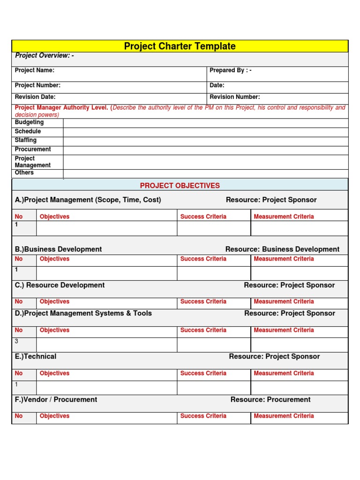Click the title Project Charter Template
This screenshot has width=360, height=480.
point(180,46)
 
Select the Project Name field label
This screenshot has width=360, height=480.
point(35,70)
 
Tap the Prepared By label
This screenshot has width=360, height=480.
point(231,70)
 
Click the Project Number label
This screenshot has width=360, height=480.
point(37,85)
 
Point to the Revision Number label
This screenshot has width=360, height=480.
point(234,97)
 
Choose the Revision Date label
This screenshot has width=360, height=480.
point(35,97)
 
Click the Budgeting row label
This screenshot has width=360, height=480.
point(29,122)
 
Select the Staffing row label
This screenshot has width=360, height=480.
point(26,140)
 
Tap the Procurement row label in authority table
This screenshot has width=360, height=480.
point(33,149)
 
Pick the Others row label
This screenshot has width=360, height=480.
point(24,172)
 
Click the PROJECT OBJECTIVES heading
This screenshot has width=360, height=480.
point(180,186)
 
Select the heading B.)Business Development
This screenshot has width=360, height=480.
point(58,249)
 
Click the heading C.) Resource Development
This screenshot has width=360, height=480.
point(60,285)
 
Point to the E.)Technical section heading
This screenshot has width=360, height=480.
point(36,356)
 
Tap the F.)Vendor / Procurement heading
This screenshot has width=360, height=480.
point(56,399)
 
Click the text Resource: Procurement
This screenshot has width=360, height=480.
point(270,399)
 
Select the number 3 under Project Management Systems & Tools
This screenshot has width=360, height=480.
point(16,341)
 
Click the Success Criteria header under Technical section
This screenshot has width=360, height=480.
point(203,373)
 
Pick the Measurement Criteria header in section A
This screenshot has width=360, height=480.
point(284,217)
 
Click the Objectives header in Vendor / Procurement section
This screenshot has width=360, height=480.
point(54,416)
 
